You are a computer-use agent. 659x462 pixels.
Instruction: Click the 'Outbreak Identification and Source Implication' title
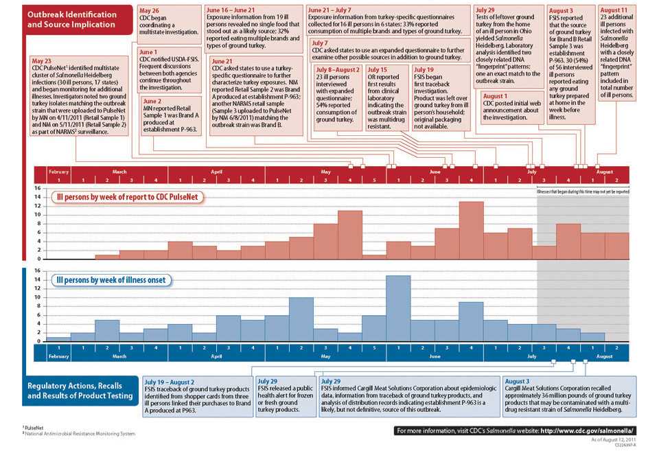[x=71, y=19]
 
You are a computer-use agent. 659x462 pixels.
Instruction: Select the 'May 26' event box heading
[x=150, y=11]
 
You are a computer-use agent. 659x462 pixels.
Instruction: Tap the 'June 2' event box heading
[x=152, y=100]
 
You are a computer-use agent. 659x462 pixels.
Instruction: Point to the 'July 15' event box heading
[x=378, y=70]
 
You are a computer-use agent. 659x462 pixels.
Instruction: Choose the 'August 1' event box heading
[x=496, y=96]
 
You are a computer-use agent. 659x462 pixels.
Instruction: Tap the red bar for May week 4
[x=350, y=235]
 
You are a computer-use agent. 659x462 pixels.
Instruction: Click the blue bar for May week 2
[x=301, y=319]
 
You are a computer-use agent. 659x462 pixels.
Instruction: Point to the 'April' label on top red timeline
[x=216, y=171]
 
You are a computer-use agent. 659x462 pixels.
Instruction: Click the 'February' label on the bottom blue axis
[x=59, y=357]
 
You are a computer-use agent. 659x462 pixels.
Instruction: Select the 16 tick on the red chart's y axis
[x=38, y=187]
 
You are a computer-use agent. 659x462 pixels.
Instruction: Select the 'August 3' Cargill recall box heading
[x=517, y=381]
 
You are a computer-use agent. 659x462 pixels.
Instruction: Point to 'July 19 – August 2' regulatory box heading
[x=169, y=381]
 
